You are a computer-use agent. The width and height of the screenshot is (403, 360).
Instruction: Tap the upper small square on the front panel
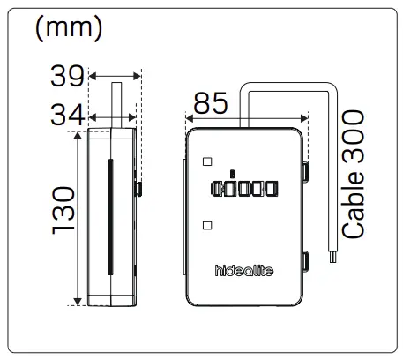[x=206, y=161]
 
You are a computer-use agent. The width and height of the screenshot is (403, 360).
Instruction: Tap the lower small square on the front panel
[x=206, y=225]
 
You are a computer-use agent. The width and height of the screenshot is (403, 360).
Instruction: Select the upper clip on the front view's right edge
[x=305, y=169]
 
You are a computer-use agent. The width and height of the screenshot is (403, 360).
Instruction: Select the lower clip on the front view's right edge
[x=305, y=259]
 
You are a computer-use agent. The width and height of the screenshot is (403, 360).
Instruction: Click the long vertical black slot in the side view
[x=108, y=216]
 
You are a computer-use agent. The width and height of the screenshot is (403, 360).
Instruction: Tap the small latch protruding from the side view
[x=139, y=187]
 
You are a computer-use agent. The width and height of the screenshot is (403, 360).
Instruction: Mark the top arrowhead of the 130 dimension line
[x=80, y=135]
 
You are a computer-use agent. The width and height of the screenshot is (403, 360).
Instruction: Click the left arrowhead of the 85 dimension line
[x=188, y=116]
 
